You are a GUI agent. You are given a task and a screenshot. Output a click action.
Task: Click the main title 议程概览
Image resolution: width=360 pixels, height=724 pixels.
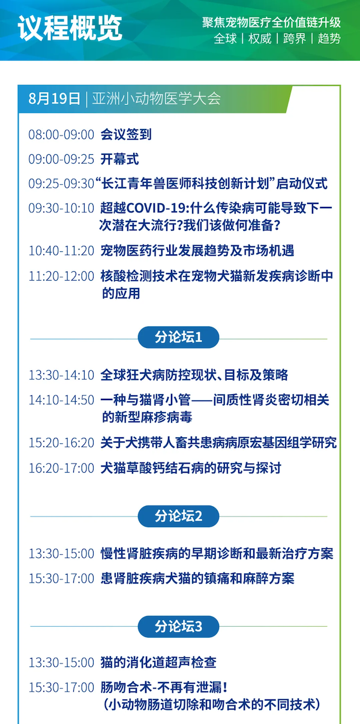(70, 28)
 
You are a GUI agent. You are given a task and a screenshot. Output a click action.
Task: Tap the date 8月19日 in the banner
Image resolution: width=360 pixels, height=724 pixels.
(54, 98)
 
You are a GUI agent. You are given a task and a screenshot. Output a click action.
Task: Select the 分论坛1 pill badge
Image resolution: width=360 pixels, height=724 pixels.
(178, 337)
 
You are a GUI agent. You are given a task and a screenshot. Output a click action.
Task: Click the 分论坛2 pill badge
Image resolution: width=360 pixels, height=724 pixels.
(178, 516)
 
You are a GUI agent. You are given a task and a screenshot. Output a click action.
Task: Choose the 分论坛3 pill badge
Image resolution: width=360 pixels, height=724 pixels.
(178, 626)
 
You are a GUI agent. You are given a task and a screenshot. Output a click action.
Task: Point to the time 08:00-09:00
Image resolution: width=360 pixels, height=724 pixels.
(61, 134)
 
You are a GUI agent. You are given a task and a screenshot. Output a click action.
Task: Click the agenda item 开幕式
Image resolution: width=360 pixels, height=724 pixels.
(119, 160)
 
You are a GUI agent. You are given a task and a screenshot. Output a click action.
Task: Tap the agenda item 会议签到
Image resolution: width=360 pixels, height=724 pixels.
(126, 134)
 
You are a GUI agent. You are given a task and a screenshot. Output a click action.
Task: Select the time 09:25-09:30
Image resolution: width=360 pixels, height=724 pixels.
(61, 184)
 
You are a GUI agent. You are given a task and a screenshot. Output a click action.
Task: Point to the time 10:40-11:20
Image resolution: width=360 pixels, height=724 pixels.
(61, 251)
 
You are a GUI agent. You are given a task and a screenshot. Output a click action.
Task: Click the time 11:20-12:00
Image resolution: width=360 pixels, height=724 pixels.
(61, 277)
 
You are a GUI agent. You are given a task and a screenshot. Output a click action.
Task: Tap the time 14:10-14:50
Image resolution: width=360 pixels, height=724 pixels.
(61, 400)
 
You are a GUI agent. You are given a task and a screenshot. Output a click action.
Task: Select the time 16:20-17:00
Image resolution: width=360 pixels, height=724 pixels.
(61, 468)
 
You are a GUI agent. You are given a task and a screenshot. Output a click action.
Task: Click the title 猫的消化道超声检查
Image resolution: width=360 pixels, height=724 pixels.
(158, 662)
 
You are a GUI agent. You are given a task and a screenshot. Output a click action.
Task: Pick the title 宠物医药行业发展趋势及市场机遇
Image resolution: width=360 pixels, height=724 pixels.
(197, 251)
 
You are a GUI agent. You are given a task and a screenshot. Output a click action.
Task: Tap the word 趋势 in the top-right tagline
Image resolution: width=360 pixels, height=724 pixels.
(329, 39)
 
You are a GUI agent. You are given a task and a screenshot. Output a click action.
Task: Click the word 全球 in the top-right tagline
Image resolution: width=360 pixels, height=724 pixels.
(225, 39)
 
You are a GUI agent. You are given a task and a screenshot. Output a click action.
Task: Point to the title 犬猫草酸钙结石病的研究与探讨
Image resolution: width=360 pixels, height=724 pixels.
(191, 468)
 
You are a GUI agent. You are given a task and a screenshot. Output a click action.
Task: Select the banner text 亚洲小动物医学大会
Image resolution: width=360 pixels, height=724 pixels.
(157, 98)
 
